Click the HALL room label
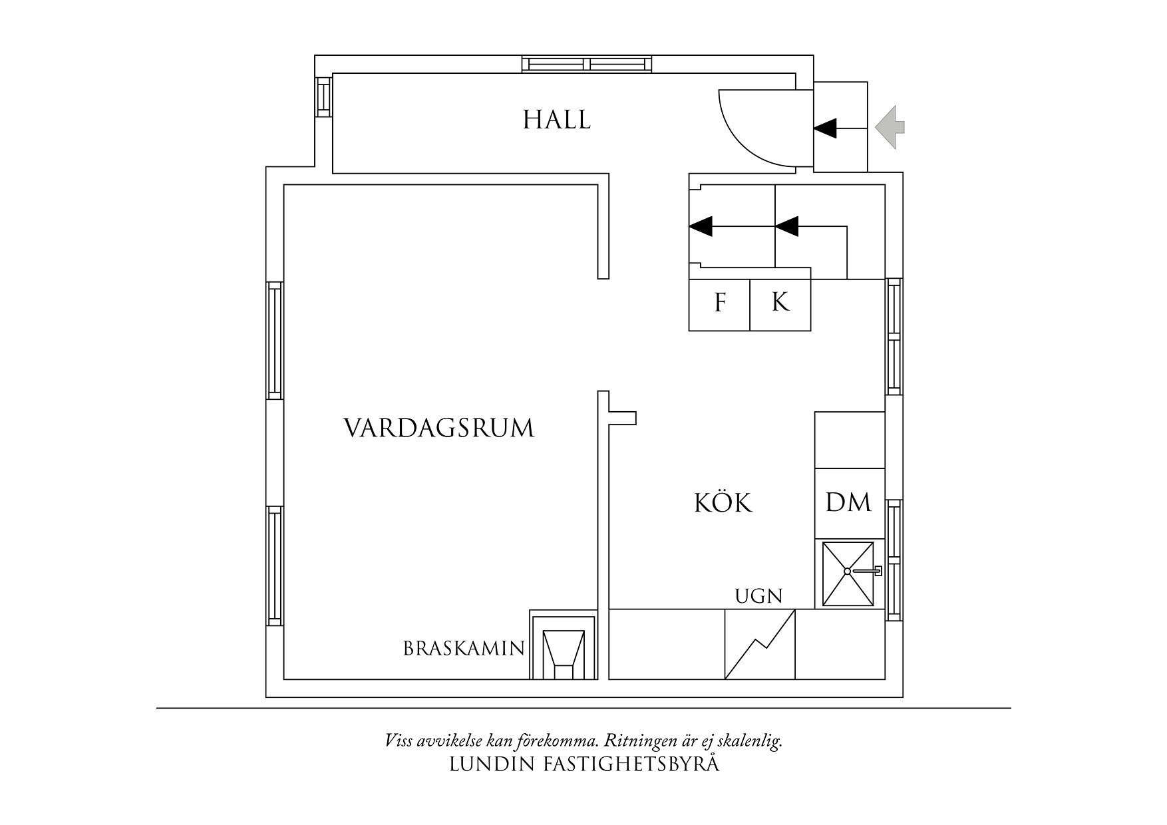[x=557, y=120]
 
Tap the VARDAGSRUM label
[x=438, y=428]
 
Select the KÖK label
[x=723, y=504]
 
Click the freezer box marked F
[x=719, y=305]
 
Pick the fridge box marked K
[x=780, y=305]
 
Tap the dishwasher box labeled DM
[x=849, y=503]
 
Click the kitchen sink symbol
[x=848, y=574]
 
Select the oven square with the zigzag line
[x=760, y=644]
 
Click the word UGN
[x=758, y=595]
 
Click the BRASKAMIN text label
[x=464, y=649]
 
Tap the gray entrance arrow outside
[x=890, y=126]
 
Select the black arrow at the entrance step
[x=826, y=128]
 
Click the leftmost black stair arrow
[x=701, y=227]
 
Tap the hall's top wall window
[x=587, y=64]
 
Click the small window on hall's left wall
[x=323, y=97]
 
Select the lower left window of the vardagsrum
[x=275, y=566]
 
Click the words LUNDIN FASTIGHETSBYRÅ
[x=584, y=764]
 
